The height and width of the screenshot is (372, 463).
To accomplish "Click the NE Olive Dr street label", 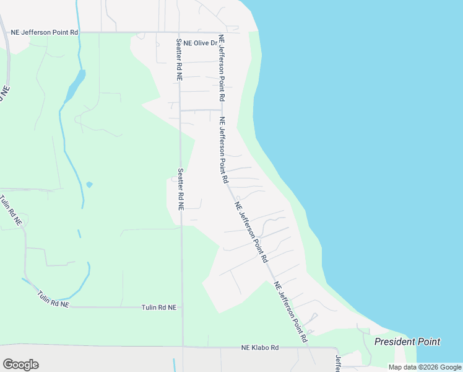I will [206, 43].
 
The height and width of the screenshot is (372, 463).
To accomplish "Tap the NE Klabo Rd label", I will [260, 348].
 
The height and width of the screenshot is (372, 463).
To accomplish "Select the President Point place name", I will [407, 342].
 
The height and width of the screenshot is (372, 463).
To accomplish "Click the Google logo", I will [20, 365].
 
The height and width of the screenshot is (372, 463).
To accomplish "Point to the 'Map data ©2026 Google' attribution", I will [424, 367].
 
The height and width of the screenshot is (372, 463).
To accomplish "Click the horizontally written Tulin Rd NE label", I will [159, 307].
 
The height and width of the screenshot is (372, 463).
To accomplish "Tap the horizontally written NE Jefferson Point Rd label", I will [45, 32].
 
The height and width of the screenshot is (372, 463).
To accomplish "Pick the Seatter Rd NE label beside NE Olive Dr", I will [178, 60].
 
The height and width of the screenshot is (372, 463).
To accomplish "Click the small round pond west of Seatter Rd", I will [90, 184].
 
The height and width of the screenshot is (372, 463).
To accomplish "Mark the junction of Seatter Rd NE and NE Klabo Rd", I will [183, 347].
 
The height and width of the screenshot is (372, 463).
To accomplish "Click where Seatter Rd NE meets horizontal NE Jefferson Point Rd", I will [179, 32].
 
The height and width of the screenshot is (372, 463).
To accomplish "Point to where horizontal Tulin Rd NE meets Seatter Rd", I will [182, 307].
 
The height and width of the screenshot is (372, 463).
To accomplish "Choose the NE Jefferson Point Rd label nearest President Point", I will [291, 312].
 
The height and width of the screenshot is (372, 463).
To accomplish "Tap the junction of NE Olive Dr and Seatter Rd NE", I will [179, 43].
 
